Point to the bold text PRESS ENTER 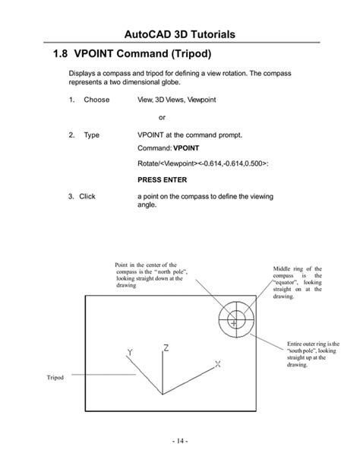(x=162, y=181)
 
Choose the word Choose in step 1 (x=96, y=100)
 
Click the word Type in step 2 (x=91, y=135)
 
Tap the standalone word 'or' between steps (x=162, y=117)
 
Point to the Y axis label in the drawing (x=131, y=353)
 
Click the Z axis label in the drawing (x=166, y=349)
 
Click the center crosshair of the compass (x=235, y=322)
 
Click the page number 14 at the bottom (x=179, y=441)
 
